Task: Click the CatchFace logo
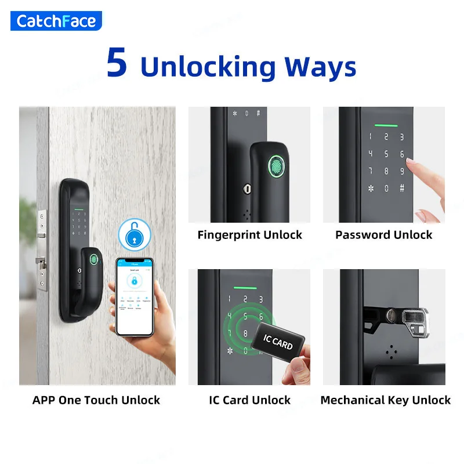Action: [56, 21]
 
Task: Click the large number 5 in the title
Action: [117, 64]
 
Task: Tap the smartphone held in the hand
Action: [134, 295]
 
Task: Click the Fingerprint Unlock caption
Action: [249, 235]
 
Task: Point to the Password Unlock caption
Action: [383, 235]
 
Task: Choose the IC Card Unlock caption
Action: [249, 400]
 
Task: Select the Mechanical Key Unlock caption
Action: [385, 400]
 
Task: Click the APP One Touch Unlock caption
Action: [96, 400]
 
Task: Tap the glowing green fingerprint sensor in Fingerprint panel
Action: [277, 166]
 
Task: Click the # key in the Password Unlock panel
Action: [401, 188]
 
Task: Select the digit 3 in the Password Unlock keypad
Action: [401, 137]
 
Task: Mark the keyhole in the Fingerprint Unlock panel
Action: [248, 189]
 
